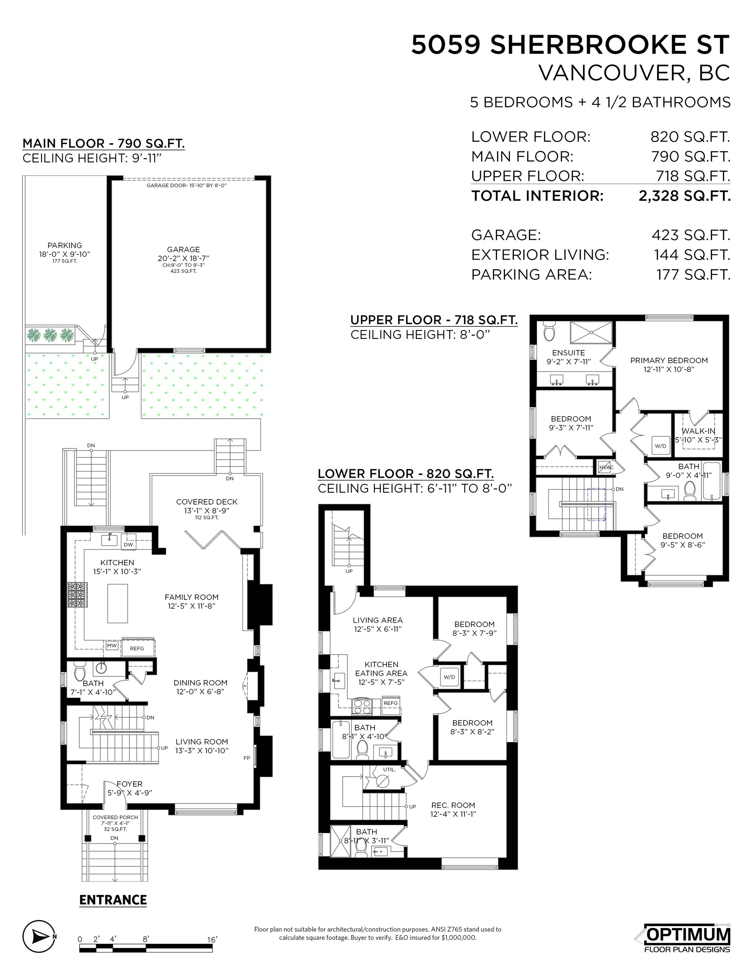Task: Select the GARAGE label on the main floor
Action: [184, 250]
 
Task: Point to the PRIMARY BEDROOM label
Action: [669, 360]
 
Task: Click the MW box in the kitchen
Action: [112, 646]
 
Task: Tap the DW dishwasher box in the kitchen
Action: [128, 544]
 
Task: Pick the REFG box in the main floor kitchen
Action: [137, 648]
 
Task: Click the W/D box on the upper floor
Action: [661, 446]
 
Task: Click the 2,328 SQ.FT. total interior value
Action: [685, 196]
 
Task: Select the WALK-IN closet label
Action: [698, 431]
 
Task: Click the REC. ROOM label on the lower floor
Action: [453, 805]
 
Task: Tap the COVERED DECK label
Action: [207, 502]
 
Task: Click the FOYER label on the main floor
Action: [129, 784]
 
